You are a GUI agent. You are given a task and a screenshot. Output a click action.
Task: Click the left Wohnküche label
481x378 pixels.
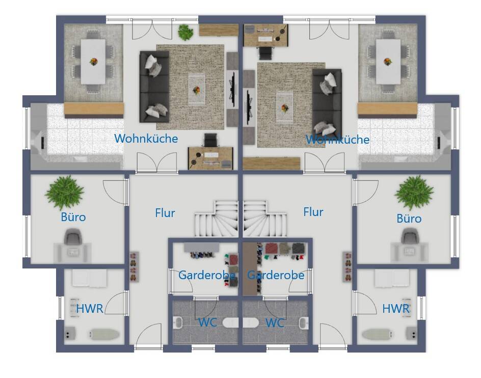click(146, 139)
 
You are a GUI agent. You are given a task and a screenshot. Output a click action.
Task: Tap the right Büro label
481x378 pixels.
click(409, 219)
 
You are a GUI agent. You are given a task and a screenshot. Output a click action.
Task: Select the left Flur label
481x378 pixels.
click(165, 212)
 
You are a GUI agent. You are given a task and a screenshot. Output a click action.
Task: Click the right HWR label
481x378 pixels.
click(396, 308)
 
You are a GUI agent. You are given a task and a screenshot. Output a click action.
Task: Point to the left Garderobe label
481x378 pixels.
click(207, 275)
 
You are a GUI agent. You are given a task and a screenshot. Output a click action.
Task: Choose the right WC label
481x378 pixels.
click(275, 323)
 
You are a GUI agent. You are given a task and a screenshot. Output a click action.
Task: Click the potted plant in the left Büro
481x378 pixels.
click(64, 192)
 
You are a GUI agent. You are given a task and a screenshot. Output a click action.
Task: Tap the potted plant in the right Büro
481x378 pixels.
click(414, 193)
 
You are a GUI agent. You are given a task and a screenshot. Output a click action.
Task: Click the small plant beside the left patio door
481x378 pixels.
click(185, 32)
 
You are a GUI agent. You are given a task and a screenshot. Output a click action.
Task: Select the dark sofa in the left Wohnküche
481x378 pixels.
click(154, 87)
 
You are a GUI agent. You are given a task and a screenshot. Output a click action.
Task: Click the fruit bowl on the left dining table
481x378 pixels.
click(94, 61)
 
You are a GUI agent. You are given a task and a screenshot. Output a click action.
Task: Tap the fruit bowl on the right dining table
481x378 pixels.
click(388, 61)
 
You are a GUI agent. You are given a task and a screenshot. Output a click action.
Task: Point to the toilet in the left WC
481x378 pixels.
click(230, 322)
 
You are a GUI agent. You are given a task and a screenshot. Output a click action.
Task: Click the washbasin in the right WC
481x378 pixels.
click(304, 323)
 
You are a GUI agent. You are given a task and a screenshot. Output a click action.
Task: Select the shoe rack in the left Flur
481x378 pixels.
click(134, 266)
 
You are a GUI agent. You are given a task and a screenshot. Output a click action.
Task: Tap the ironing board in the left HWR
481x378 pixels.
click(104, 334)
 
